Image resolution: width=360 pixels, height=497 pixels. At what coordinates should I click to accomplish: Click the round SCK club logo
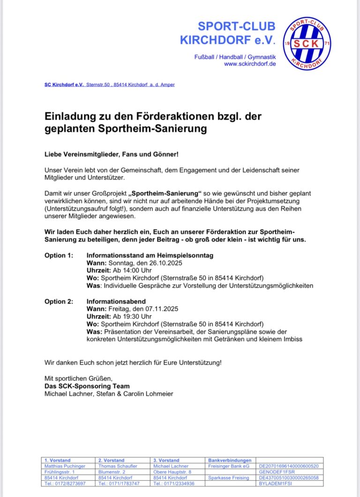pos(307,44)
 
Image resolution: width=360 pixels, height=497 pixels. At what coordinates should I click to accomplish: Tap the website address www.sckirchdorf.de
pos(250,64)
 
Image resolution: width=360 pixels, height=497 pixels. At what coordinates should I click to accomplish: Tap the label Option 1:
pos(59,255)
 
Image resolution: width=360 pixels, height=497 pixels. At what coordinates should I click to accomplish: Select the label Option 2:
pos(59,301)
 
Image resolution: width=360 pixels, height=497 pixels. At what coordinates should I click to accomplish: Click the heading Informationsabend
pos(116,301)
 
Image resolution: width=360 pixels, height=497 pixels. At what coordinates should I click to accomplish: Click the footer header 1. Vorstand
pos(57,460)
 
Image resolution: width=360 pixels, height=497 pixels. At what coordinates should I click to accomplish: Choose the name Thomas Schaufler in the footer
pos(118,466)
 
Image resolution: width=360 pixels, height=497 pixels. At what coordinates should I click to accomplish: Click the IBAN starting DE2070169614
pos(289,466)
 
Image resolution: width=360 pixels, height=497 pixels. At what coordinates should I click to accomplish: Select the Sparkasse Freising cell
pos(229,477)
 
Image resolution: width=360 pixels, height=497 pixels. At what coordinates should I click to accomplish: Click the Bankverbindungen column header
pos(230,460)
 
